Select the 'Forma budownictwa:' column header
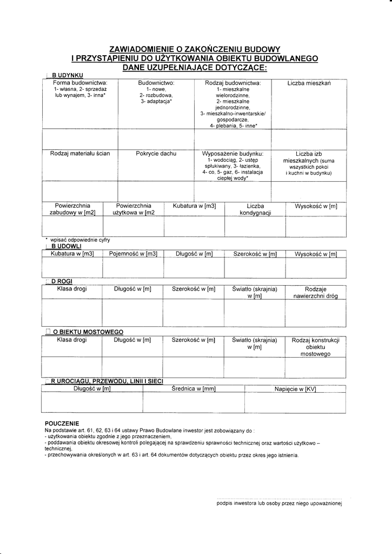point(80,83)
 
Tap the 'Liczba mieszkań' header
point(309,83)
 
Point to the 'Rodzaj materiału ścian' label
point(80,154)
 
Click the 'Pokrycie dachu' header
point(156,154)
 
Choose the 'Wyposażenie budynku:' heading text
point(232,154)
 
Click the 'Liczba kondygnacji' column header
point(255,209)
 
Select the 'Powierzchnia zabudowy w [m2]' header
point(72,209)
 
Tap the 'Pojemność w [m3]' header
point(133,254)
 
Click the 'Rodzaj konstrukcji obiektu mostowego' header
point(315,346)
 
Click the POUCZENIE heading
point(62,423)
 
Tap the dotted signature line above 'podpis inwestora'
point(278,498)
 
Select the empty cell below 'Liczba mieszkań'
point(309,139)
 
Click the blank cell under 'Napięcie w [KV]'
point(295,403)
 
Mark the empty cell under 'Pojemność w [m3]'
point(133,267)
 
